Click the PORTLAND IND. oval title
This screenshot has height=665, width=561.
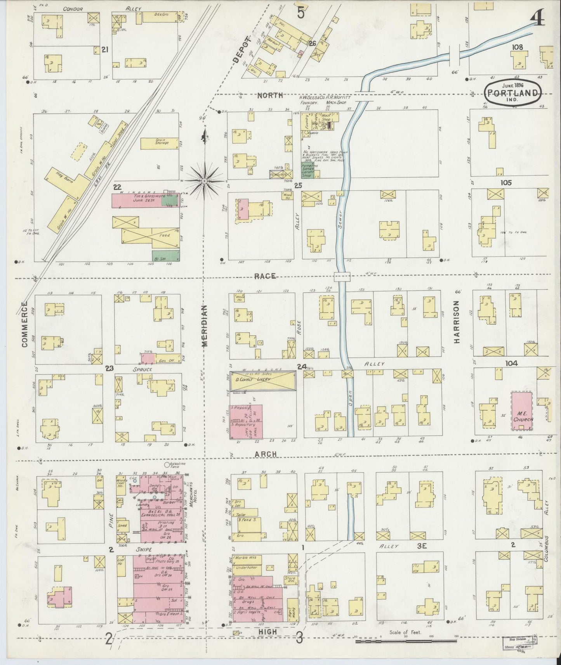tap(512, 93)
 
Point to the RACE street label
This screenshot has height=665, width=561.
tap(266, 276)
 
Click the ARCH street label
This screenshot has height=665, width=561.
tap(266, 454)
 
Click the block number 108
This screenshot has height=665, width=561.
tap(517, 47)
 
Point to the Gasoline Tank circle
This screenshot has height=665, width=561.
tap(167, 464)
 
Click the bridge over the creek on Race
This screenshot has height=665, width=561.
tap(342, 277)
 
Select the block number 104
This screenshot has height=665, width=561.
tap(511, 363)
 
